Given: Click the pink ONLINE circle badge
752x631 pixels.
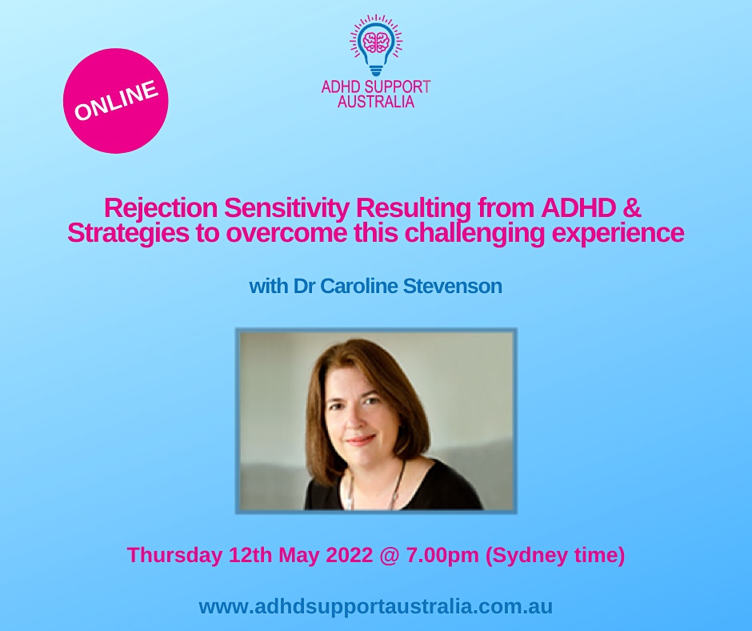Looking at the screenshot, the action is coord(115,101).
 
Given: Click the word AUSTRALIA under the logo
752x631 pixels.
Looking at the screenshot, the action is coord(376,102).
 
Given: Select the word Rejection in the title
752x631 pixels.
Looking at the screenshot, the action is coord(161,208).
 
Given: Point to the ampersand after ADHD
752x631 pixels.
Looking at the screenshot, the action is coord(633,207).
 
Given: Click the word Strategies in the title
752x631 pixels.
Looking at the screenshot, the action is coord(127,233).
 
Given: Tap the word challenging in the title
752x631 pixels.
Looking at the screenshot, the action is coord(474,233).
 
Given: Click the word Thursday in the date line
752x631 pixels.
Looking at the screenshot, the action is coord(174,555).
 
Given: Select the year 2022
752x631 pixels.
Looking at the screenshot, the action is coord(349,555).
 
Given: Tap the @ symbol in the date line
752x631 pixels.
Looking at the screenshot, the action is coord(389,556).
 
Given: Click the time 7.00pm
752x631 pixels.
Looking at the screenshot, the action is coord(442,556).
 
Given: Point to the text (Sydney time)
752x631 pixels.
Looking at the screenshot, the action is coord(555,556).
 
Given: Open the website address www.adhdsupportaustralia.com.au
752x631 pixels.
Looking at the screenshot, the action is coord(376,606).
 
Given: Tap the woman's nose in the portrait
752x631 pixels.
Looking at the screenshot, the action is coord(353,420).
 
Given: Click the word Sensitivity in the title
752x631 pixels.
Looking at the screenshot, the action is coord(286,208).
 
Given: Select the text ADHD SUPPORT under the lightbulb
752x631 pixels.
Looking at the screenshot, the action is coord(376,87).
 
